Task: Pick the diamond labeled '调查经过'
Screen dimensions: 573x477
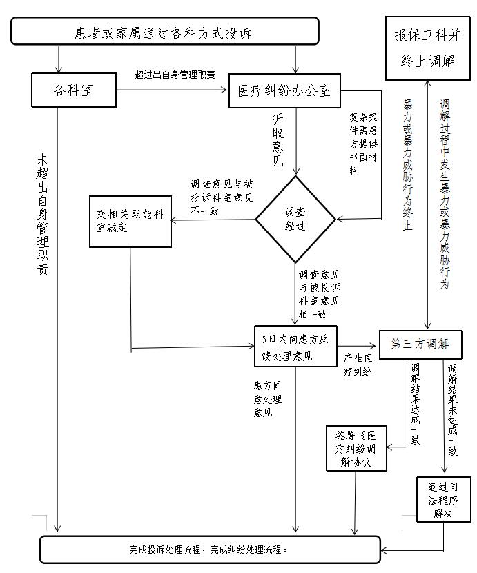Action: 295,220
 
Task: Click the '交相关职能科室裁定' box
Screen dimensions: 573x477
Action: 130,221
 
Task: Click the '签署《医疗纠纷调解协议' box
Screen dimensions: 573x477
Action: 357,448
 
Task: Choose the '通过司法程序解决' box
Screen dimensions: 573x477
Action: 442,499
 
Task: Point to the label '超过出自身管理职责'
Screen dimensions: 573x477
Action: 175,73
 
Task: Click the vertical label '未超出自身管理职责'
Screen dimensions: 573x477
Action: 43,214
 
